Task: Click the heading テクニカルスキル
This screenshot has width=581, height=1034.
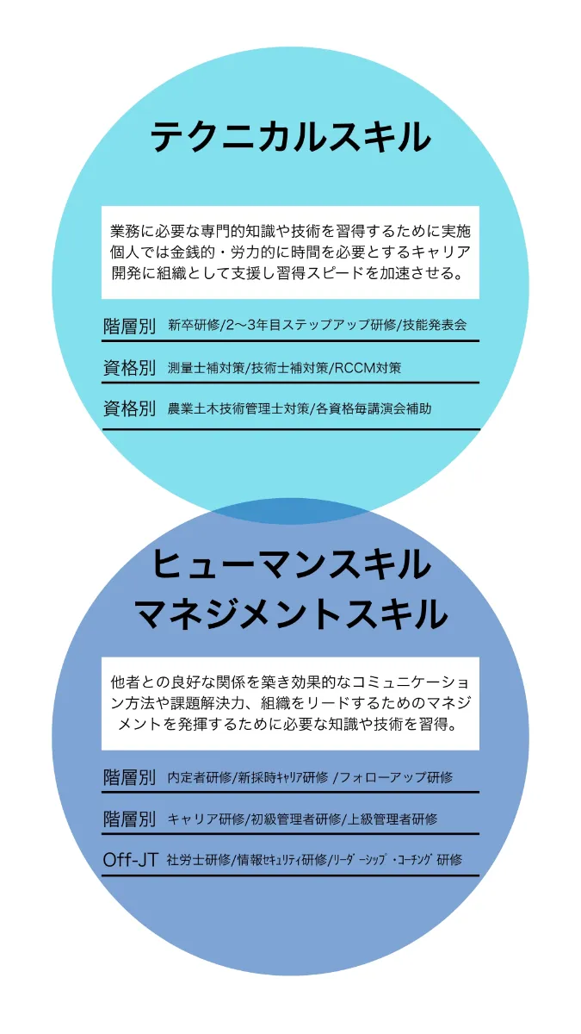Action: pos(291,137)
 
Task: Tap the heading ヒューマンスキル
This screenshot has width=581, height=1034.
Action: pos(292,564)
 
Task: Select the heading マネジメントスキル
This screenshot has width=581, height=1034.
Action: pos(291,614)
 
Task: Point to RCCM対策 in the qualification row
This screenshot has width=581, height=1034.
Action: pos(368,368)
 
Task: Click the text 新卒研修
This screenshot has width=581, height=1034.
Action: pos(194,325)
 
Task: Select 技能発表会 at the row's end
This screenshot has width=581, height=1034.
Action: pos(435,325)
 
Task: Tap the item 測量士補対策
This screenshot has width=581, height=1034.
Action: pos(206,368)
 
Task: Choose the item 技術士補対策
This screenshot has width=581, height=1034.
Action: pos(289,368)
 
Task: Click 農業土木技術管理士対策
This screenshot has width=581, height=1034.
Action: pos(238,408)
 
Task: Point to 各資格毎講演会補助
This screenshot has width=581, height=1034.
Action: pos(374,408)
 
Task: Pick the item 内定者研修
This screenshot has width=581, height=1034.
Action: pos(200,777)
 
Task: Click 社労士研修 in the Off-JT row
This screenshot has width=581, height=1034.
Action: pos(199,860)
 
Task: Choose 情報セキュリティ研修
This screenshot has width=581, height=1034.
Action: pos(281,860)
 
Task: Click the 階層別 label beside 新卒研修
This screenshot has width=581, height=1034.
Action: pos(129,326)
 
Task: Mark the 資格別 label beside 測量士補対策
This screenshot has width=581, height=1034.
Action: pos(129,368)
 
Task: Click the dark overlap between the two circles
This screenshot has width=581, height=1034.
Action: pos(291,511)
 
